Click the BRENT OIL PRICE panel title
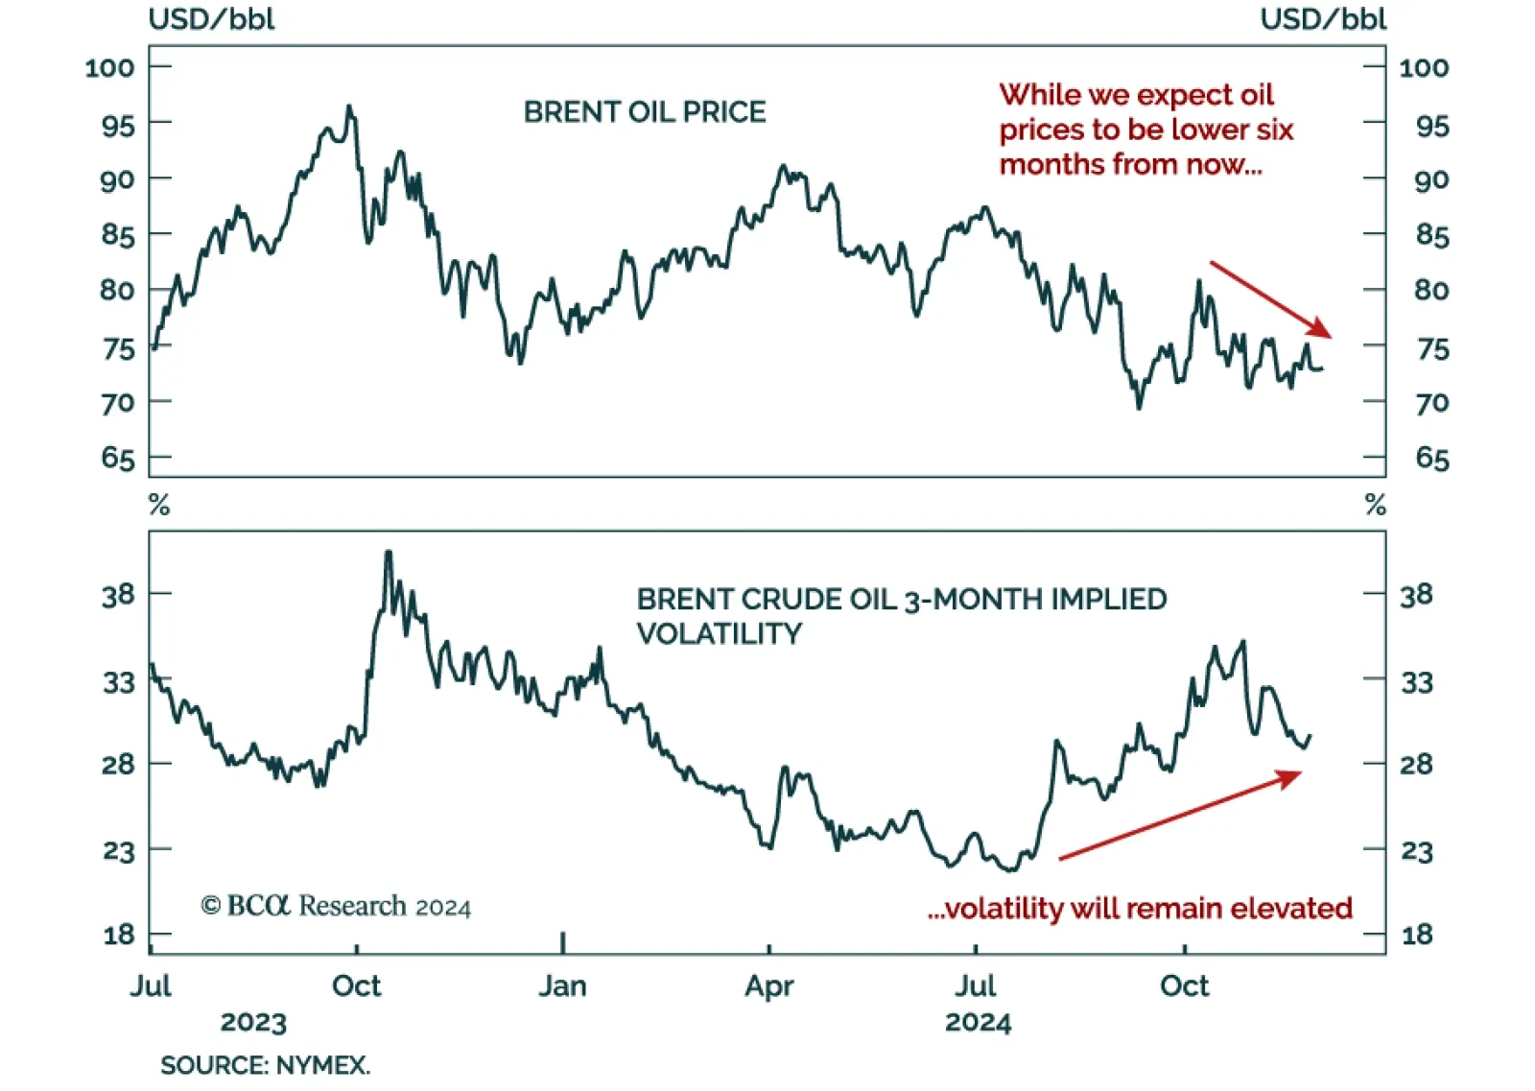pos(645,112)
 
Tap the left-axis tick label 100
pos(109,68)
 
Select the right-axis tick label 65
pos(1432,459)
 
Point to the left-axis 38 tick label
pos(118,596)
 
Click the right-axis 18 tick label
pos(1416,935)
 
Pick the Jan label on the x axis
pos(562,986)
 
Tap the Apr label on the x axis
pos(769,986)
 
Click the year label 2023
pos(253,1023)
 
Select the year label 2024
pos(978,1023)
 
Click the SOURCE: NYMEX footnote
pos(265,1066)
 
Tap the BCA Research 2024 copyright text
pos(336,907)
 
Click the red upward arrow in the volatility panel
pos(1180,815)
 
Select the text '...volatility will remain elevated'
pos(1140,909)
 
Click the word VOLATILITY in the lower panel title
pos(720,634)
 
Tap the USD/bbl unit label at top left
pos(211,19)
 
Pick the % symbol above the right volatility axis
pos(1376,505)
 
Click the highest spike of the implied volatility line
pos(388,553)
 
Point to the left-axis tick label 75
pos(118,348)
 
